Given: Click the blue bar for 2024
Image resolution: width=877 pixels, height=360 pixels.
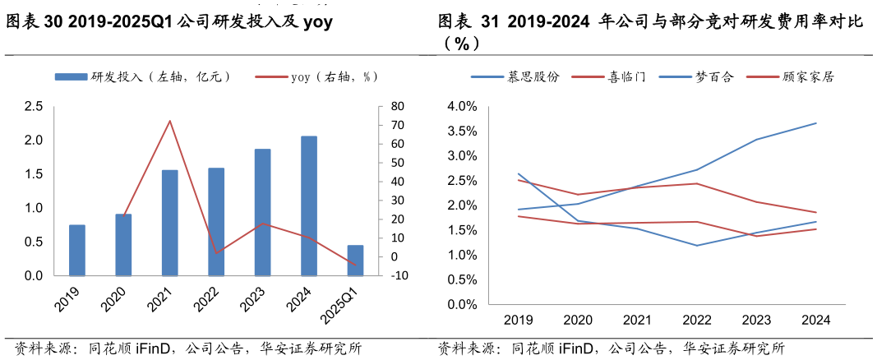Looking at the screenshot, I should tap(309, 205).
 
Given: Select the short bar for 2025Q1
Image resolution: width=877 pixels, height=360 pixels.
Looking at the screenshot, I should tap(355, 261).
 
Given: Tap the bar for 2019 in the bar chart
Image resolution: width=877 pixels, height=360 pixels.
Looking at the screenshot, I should tap(77, 250).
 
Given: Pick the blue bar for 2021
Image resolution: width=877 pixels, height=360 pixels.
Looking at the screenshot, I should tap(170, 223).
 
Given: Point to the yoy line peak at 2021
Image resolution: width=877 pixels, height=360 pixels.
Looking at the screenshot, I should tap(169, 121).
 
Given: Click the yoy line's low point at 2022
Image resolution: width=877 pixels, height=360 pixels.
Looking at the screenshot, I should tap(216, 253).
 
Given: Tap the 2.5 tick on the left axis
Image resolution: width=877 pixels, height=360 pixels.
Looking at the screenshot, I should tap(34, 106).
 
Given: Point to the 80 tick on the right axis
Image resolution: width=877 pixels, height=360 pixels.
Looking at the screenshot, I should tap(398, 106).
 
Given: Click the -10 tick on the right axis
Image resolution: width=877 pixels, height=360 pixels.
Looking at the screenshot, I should tap(399, 276).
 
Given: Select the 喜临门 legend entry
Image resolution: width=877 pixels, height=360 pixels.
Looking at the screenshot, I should tap(609, 76).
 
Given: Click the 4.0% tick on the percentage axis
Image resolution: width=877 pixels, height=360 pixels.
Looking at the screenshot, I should tap(461, 107).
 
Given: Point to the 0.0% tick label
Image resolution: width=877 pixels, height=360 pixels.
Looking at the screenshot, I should tap(461, 305).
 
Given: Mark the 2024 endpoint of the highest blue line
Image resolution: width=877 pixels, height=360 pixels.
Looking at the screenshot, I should tap(816, 123).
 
